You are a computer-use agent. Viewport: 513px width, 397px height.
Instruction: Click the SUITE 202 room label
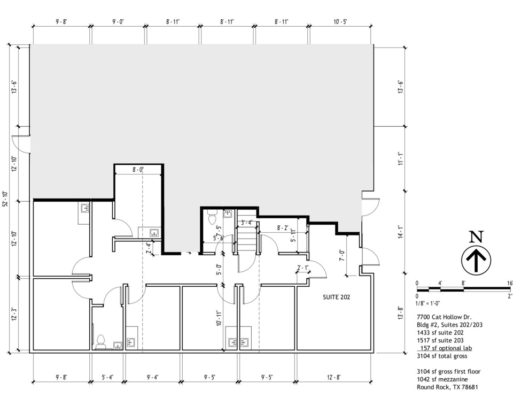[x=336, y=297]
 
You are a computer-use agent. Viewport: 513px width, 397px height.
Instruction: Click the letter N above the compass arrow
[x=476, y=236]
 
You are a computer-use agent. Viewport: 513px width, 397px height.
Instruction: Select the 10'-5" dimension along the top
[x=340, y=21]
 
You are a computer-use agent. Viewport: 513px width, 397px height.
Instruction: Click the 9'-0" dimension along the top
[x=118, y=21]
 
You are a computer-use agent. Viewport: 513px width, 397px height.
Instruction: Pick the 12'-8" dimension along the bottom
[x=333, y=377]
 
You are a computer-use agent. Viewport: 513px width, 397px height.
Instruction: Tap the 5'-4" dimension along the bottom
[x=107, y=377]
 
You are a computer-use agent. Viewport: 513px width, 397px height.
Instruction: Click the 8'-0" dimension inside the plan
[x=138, y=170]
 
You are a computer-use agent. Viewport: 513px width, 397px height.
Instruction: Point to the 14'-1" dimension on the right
[x=400, y=232]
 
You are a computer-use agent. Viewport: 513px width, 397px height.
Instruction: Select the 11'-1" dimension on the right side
[x=400, y=158]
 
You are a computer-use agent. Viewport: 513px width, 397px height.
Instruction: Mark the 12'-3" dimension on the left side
[x=14, y=314]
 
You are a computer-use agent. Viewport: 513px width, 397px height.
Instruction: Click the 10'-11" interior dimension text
[x=219, y=318]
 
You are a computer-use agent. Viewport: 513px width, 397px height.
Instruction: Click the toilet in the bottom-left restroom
[x=101, y=341]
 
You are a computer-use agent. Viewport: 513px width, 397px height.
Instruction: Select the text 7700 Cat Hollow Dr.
[x=444, y=317]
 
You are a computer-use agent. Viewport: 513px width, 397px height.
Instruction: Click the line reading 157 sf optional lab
[x=446, y=348]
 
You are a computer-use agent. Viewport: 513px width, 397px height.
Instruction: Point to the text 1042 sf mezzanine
[x=442, y=379]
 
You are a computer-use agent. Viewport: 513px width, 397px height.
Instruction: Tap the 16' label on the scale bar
[x=510, y=283]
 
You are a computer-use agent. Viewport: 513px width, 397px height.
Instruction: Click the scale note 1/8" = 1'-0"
[x=428, y=303]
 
